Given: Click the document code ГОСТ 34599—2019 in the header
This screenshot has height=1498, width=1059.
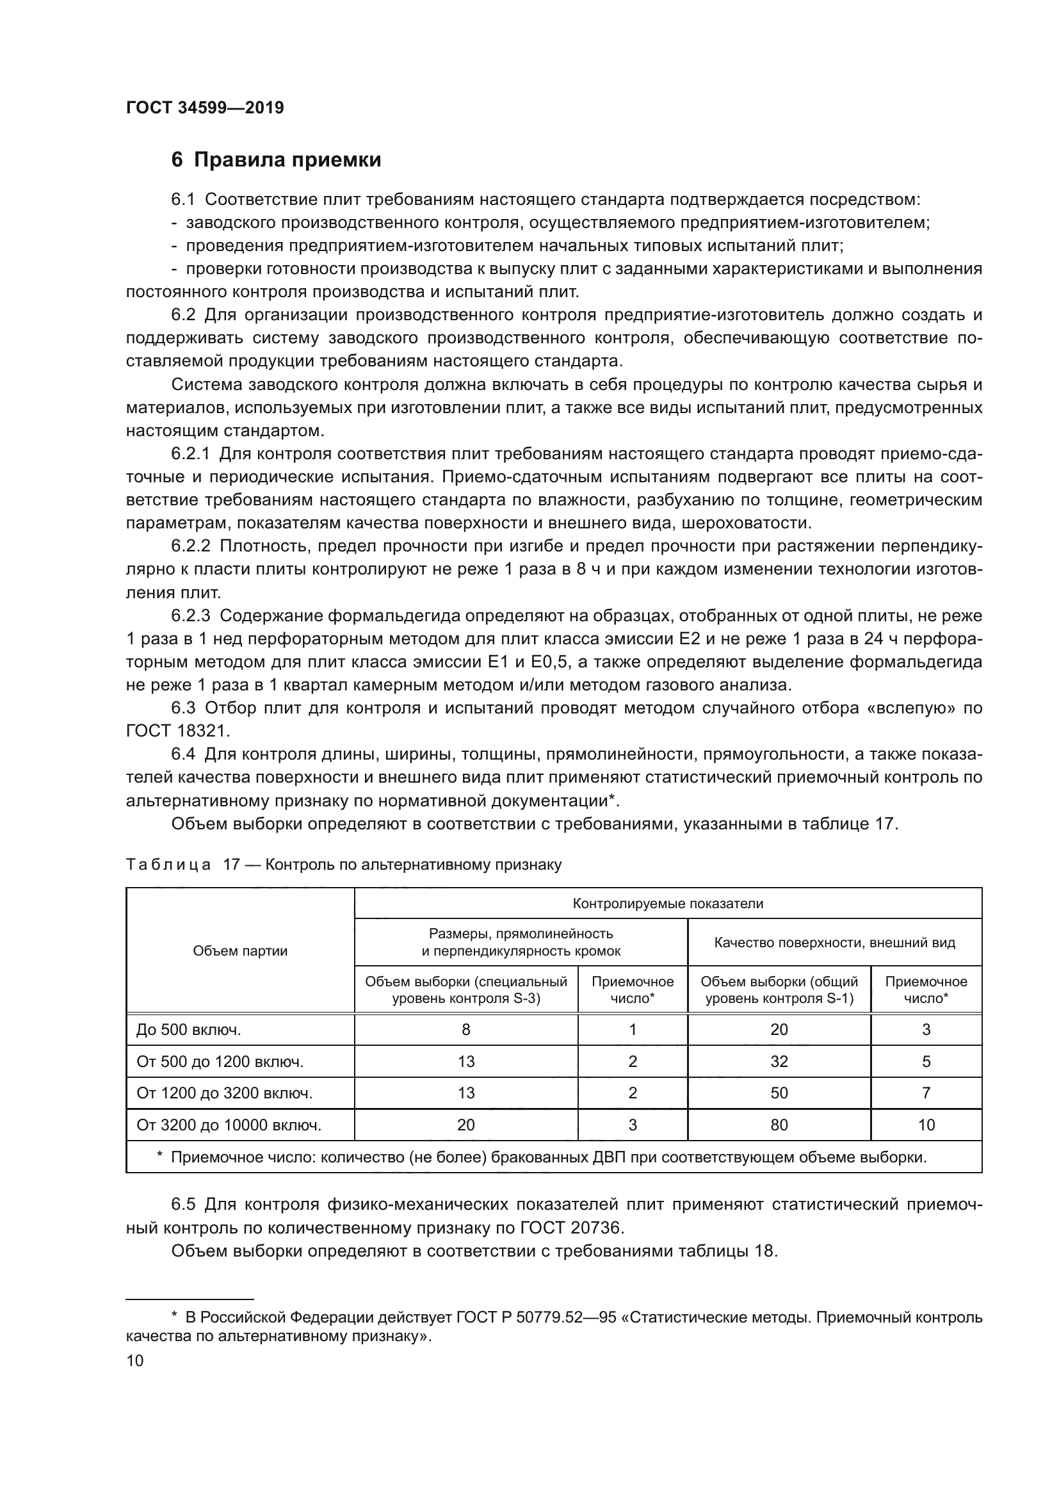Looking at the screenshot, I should coord(205,108).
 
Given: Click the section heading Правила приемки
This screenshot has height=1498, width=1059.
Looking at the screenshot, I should coord(287,160).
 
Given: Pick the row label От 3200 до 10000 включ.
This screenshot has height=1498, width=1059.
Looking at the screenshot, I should coord(229,1125).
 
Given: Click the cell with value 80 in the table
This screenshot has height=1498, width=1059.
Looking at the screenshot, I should coord(779,1125).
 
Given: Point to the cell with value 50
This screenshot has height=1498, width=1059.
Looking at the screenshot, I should coord(779,1093).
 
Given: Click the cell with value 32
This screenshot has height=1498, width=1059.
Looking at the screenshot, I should coord(779,1061).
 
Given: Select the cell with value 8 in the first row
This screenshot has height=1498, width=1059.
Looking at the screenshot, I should coord(465,1030).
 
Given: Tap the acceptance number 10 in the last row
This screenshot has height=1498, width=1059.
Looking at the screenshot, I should coord(926,1125).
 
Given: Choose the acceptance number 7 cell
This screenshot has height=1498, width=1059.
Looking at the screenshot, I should coord(926,1093).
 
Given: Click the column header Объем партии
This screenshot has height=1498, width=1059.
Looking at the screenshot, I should coord(240,950).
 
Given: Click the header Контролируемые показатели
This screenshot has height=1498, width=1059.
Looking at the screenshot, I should coord(668,904).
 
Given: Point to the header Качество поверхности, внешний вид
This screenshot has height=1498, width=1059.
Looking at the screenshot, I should coord(834,942).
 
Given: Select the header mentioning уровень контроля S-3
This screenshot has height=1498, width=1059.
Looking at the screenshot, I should coord(465,989).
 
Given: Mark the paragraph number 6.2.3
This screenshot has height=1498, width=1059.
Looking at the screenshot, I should coord(190,615).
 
